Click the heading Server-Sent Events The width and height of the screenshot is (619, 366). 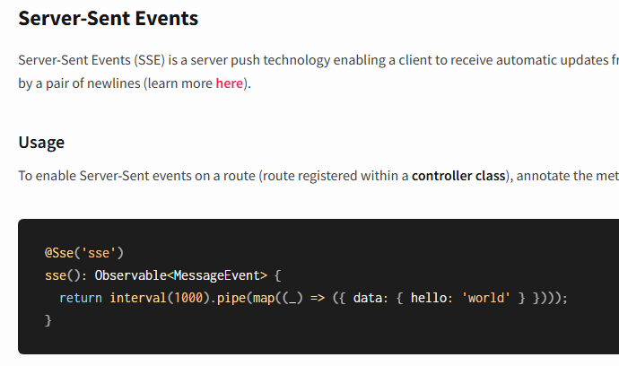coord(109,18)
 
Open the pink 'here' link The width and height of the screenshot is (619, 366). coord(230,84)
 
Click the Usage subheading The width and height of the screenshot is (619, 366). coord(41,143)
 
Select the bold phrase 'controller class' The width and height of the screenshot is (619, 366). coord(458,175)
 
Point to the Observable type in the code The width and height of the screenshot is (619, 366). coord(131,275)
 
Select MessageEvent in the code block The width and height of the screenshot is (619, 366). coord(216,275)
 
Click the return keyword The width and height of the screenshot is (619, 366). coord(81,298)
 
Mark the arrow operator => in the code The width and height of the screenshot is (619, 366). coord(318,298)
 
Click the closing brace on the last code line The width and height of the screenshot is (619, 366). coord(48,319)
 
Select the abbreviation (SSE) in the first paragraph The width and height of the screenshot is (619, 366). coord(149,61)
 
